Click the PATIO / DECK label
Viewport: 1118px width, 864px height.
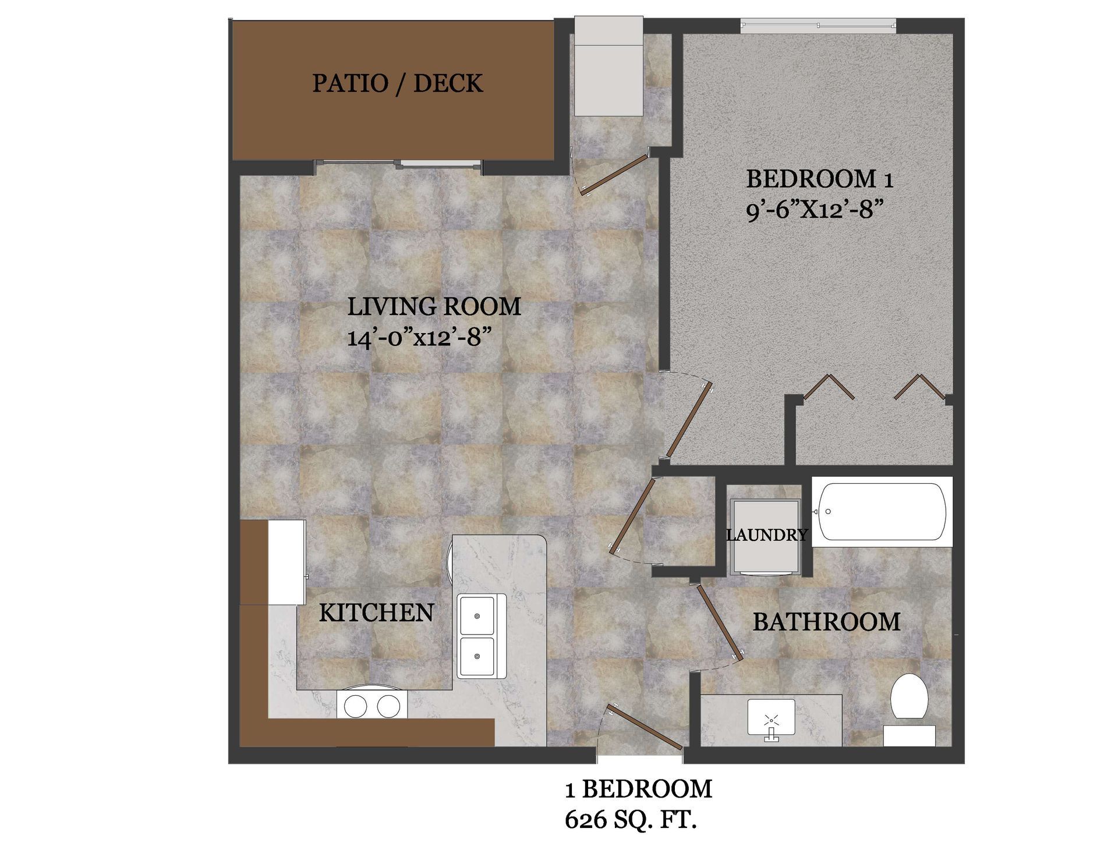397,83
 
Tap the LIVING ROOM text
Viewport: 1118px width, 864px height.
434,307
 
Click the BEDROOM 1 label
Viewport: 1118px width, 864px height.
819,179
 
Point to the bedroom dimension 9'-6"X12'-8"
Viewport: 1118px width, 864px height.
811,210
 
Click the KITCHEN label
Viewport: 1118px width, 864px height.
376,612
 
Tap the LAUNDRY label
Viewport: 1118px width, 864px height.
766,534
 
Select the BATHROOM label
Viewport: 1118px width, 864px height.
826,622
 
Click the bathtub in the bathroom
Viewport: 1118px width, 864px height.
882,512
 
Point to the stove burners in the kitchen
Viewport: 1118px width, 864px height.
372,706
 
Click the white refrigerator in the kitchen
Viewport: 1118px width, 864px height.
286,562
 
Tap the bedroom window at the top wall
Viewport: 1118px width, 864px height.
818,25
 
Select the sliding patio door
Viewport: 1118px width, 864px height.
399,165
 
